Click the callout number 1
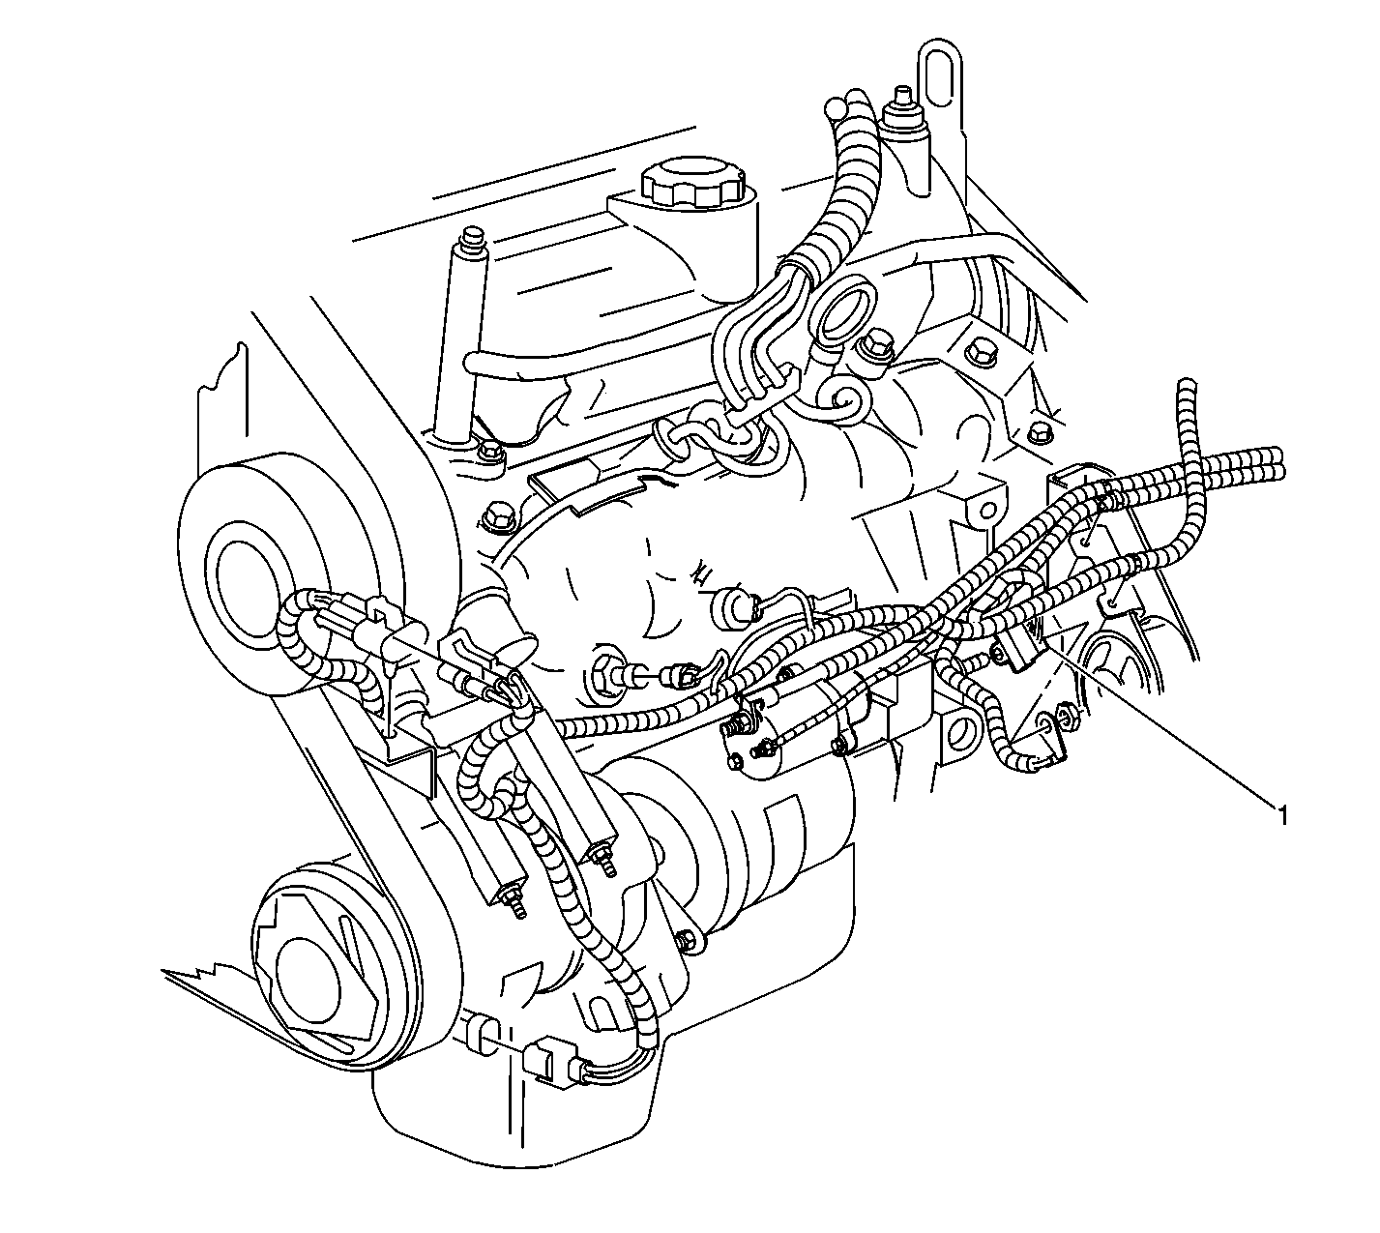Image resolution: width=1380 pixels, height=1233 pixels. point(1282,815)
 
